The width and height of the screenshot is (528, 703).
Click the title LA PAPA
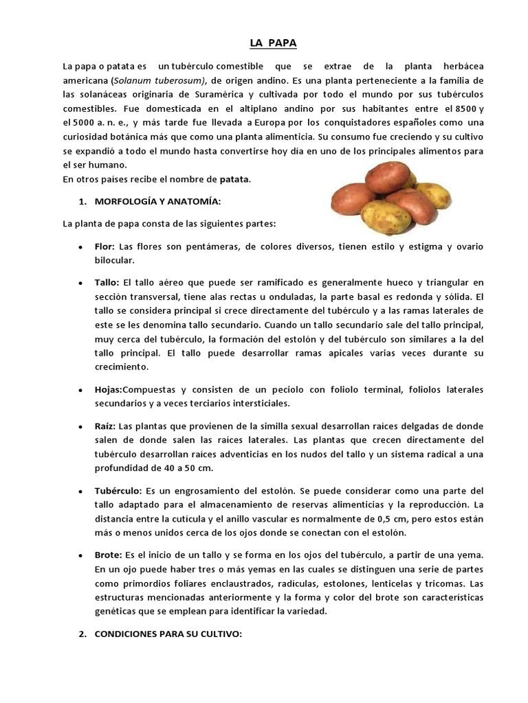coord(273,44)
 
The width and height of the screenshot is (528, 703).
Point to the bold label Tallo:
coord(107,282)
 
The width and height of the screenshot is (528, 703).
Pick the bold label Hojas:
coord(109,389)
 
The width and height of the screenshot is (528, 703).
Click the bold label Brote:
coord(108,554)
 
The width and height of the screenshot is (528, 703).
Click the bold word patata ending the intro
coord(234,180)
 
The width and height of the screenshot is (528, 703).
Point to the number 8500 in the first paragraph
coord(459,108)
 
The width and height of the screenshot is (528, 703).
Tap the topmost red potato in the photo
coord(386,177)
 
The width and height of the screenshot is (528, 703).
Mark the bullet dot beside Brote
coord(80,555)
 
